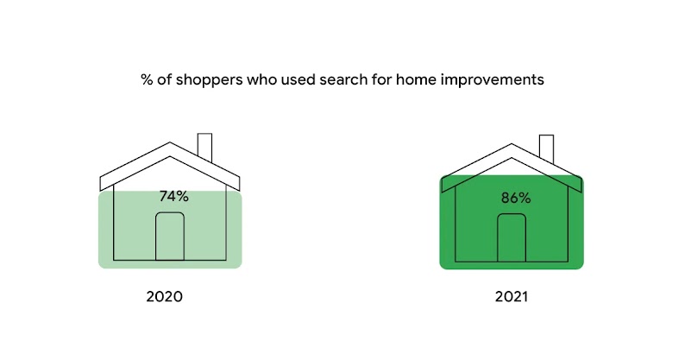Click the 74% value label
(x=173, y=196)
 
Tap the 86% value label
(x=516, y=198)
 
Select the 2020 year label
(x=164, y=296)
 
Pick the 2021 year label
(x=512, y=296)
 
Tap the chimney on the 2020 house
(x=205, y=146)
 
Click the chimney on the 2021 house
(x=547, y=148)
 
